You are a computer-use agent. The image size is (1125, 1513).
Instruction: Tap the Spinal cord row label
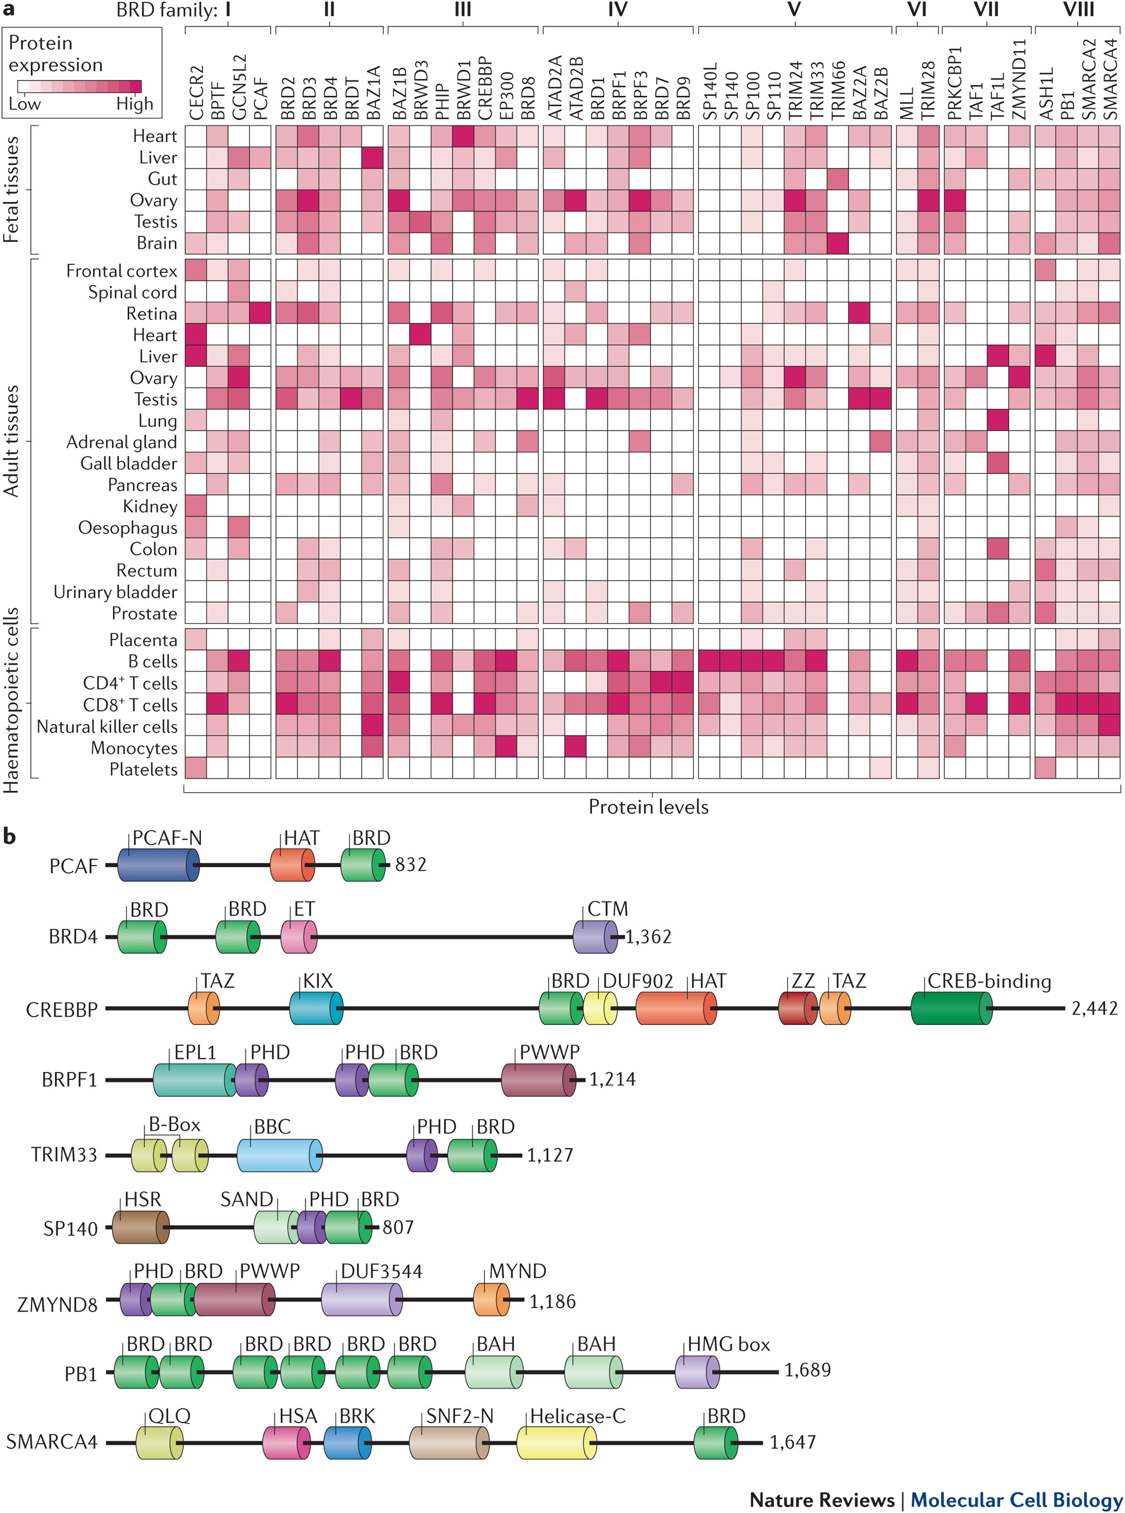coord(132,292)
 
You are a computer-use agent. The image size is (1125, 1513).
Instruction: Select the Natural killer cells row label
coord(107,726)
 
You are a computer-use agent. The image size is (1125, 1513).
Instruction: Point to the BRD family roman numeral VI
coord(917,10)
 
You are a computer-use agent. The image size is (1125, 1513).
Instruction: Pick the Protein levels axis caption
coord(648,807)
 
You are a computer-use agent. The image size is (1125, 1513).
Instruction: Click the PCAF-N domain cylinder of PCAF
coord(158,865)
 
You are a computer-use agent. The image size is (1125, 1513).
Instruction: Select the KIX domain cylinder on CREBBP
coord(316,1008)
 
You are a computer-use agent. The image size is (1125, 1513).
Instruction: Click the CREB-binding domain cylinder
coord(951,1008)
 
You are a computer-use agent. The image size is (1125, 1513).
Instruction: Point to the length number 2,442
coord(1094,1008)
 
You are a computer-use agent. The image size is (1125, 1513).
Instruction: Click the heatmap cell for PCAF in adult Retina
coord(260,314)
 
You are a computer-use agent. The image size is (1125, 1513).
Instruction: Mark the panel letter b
coord(10,837)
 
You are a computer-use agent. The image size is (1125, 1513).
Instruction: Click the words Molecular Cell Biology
coord(1016,1500)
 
